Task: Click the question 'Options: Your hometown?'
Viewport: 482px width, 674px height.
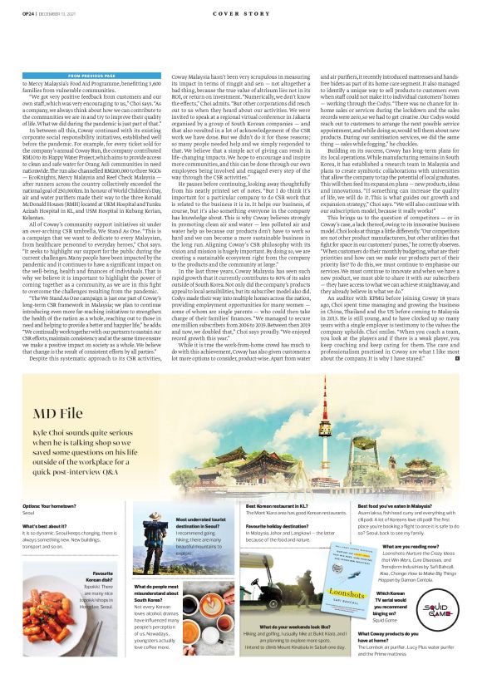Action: pos(54,506)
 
